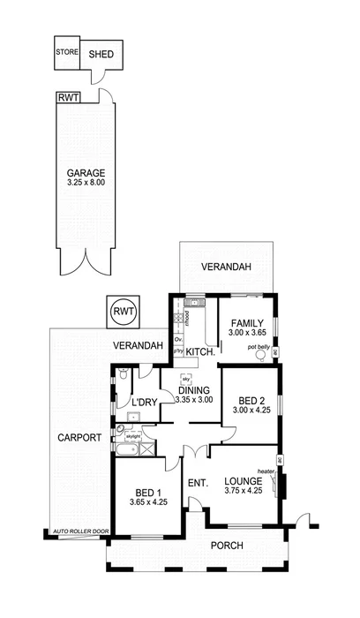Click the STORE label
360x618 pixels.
66,51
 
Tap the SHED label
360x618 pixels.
101,53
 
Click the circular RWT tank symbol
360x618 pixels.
121,311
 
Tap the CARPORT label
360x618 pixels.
78,438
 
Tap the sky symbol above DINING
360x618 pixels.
186,378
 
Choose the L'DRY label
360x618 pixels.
145,403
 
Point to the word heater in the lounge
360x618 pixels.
264,471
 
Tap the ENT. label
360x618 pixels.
197,484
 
